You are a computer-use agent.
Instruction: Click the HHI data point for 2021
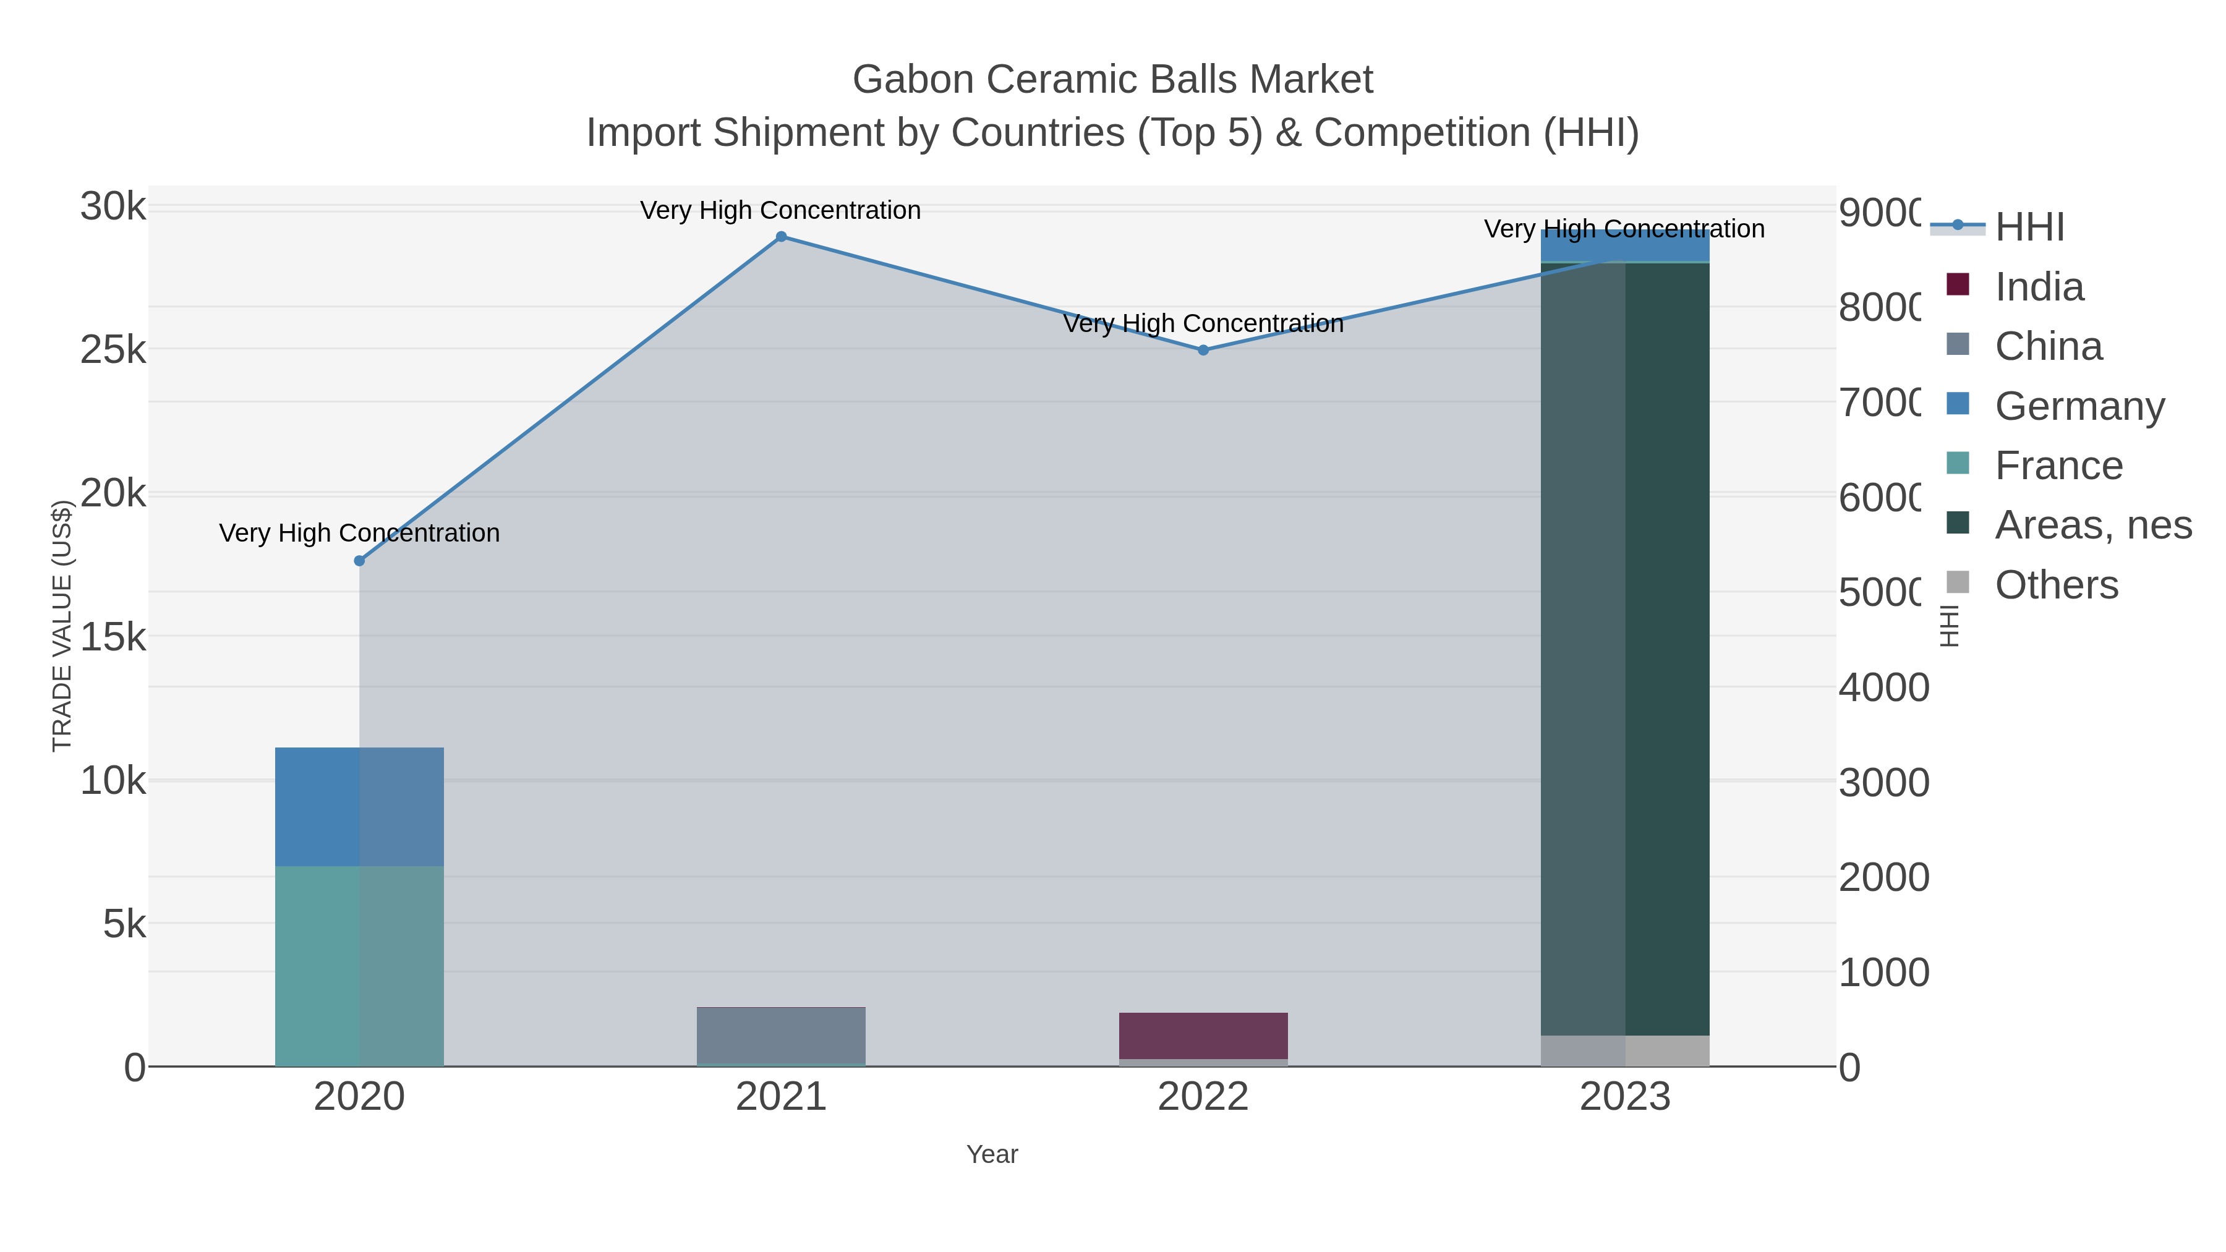click(x=781, y=237)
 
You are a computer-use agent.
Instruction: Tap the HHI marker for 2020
click(x=359, y=561)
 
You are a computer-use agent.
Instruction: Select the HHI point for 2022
click(x=1203, y=350)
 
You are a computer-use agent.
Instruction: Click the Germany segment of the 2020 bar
click(x=359, y=806)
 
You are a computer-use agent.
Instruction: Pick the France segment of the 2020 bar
click(x=359, y=965)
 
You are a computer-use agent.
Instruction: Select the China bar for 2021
click(x=781, y=1035)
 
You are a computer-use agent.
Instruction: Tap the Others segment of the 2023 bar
click(x=1624, y=1050)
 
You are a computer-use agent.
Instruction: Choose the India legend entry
click(x=2039, y=287)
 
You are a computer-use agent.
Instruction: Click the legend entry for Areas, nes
click(x=2092, y=526)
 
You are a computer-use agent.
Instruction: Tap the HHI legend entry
click(x=2029, y=228)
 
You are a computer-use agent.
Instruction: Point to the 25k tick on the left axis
click(x=113, y=351)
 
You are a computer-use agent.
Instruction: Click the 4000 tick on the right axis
click(x=1883, y=688)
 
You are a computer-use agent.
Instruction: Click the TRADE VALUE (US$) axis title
click(x=62, y=626)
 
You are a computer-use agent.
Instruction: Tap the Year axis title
click(x=992, y=1154)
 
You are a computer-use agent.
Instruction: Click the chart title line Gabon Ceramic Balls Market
click(x=1112, y=80)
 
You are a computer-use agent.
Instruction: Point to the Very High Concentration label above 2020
click(x=359, y=533)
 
